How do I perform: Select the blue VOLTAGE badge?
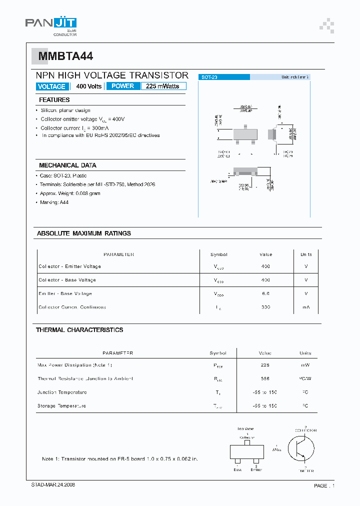[51, 86]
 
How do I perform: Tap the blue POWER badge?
[122, 86]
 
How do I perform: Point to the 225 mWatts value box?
[163, 86]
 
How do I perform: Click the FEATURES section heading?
[54, 100]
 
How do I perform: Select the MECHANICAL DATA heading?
[67, 165]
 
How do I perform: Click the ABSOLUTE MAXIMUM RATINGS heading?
[84, 233]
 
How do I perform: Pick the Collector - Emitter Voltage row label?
[69, 266]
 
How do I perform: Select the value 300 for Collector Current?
[265, 307]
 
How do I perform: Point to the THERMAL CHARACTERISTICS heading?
[79, 330]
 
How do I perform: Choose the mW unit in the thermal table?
[305, 365]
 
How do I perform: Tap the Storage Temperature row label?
[61, 406]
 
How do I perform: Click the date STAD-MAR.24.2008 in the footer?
[53, 485]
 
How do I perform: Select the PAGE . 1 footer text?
[324, 485]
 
